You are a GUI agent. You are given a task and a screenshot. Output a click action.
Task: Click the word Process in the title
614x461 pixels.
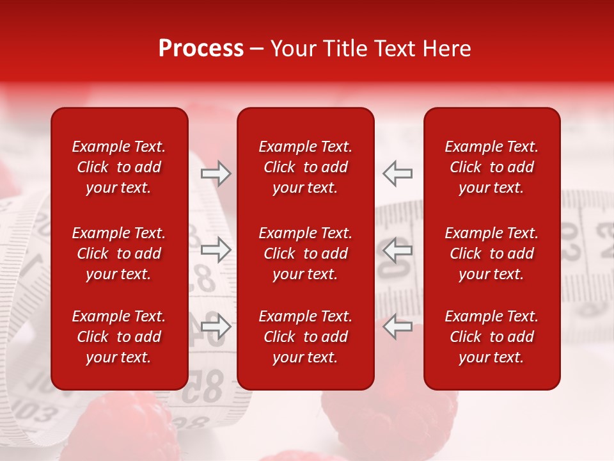[201, 49]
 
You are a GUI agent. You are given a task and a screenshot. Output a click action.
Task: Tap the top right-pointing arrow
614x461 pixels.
[216, 174]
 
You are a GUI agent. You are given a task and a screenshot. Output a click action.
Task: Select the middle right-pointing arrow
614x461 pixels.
[216, 250]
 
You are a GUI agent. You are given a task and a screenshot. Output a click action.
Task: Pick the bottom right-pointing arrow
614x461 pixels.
[216, 326]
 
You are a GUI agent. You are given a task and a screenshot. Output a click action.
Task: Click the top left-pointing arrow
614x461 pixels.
[398, 174]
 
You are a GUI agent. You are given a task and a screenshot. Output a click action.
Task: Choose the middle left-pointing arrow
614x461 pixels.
[398, 250]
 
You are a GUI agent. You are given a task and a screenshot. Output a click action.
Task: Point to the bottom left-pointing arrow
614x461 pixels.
[398, 326]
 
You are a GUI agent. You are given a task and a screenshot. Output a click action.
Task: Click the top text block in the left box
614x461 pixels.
[119, 167]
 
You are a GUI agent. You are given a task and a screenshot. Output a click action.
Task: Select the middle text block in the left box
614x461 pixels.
[119, 254]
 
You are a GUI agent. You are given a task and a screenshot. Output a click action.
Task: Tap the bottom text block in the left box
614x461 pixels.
[119, 337]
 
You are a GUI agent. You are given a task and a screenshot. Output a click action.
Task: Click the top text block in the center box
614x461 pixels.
[306, 167]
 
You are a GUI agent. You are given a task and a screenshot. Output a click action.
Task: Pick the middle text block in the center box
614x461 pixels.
[306, 254]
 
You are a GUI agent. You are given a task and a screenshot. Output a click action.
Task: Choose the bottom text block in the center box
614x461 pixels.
[306, 337]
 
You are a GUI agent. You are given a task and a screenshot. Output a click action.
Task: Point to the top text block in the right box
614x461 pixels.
[492, 167]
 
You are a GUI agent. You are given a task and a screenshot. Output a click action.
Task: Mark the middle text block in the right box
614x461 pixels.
[492, 254]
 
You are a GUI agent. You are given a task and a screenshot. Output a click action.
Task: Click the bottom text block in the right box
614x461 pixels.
[492, 337]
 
